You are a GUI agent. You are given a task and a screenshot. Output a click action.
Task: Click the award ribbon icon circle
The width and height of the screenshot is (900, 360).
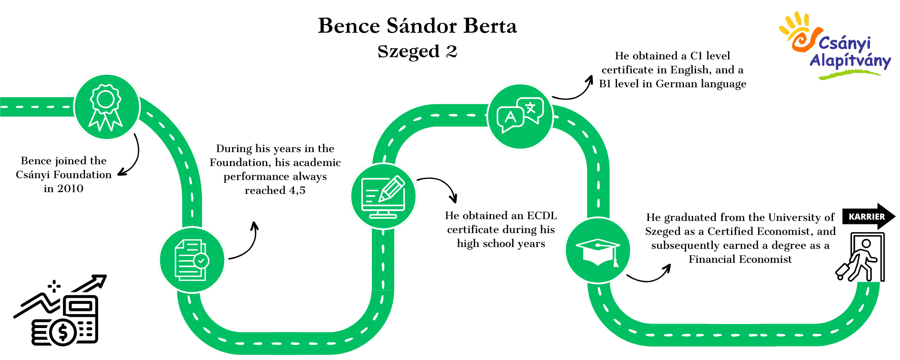[x=107, y=107]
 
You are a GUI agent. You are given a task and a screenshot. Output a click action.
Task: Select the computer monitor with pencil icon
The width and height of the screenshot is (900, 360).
[x=383, y=196]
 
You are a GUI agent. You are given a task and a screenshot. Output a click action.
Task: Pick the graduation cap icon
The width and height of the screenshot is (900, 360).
[x=598, y=250]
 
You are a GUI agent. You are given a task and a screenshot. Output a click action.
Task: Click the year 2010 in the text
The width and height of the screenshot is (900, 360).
[x=70, y=189]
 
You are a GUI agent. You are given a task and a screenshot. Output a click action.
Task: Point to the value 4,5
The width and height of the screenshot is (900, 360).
[x=297, y=191]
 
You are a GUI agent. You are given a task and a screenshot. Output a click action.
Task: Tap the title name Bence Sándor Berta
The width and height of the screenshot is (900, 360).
[x=418, y=26]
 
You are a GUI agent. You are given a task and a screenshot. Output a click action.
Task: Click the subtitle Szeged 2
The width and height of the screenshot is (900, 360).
[x=418, y=51]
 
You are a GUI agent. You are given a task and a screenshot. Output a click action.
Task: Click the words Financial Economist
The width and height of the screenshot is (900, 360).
[x=740, y=259]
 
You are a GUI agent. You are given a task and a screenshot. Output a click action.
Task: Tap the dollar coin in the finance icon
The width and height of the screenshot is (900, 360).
[x=63, y=333]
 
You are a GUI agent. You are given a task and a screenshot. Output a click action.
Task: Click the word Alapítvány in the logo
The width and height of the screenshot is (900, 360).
[x=850, y=61]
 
